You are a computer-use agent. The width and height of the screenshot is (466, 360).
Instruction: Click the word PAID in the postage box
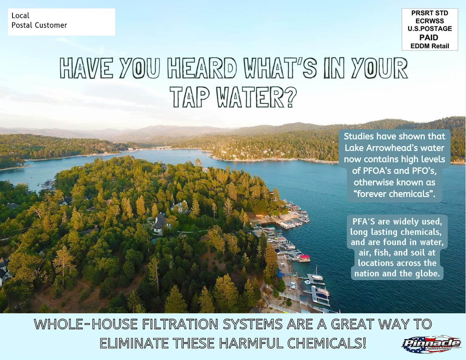429,38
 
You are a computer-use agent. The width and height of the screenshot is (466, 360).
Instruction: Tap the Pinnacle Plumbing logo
431,344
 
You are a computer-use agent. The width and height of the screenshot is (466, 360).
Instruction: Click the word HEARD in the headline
201,68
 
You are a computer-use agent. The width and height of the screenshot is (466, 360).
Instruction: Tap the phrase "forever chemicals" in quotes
394,194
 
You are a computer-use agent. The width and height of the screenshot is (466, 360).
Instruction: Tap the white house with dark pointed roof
160,223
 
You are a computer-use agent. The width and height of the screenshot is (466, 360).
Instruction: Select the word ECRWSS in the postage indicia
430,21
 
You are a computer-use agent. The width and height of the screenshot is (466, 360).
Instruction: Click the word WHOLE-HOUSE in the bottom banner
85,324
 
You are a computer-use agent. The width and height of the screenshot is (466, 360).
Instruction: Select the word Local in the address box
20,15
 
